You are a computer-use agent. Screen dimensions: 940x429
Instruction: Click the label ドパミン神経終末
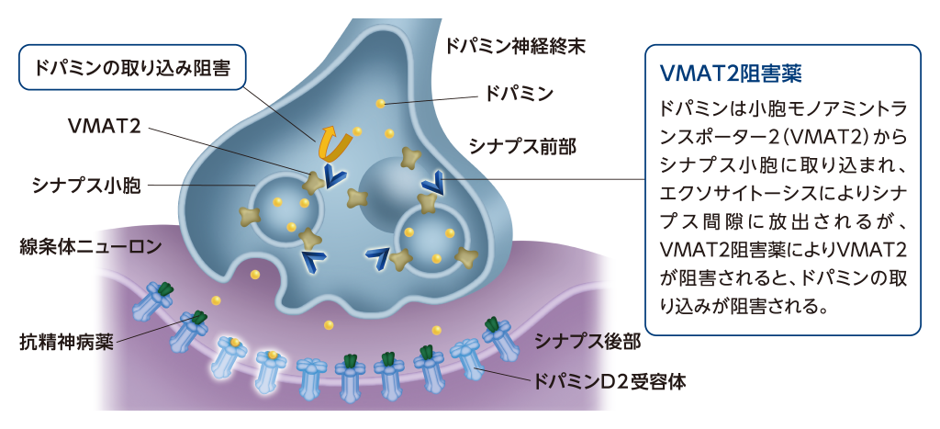(x=514, y=46)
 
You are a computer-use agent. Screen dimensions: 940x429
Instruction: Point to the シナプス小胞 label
(x=86, y=186)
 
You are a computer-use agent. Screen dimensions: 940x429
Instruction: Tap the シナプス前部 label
(x=522, y=146)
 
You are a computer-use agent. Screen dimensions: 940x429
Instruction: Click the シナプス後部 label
(x=587, y=342)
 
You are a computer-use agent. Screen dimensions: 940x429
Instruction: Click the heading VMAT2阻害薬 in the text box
(x=730, y=73)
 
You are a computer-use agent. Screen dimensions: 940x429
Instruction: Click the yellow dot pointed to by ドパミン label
(x=380, y=103)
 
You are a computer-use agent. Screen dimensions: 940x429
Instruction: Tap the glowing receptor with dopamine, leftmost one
(x=229, y=356)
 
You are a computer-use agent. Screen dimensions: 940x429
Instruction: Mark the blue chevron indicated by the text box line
(x=432, y=181)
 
